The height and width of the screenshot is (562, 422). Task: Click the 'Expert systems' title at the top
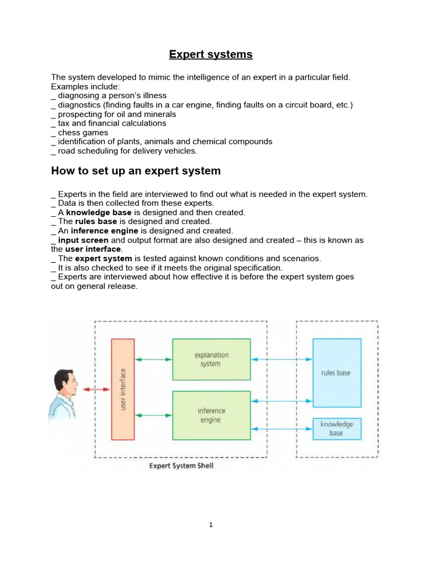(x=210, y=54)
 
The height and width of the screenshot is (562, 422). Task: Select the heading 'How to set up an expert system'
(x=136, y=171)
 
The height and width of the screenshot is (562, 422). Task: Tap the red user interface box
(x=123, y=389)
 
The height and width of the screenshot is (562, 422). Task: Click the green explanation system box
(x=211, y=359)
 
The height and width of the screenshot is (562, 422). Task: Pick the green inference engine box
(x=211, y=415)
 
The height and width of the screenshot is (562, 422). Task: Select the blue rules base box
(x=336, y=373)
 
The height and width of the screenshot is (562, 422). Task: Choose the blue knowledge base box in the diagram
(x=336, y=429)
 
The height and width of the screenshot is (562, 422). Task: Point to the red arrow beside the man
(x=97, y=389)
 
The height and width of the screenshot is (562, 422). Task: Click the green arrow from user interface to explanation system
(x=153, y=359)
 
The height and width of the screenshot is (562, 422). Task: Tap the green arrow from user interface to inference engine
(x=153, y=415)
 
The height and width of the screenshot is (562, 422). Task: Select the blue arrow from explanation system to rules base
(x=281, y=359)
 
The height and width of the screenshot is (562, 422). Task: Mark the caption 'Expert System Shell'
(x=181, y=466)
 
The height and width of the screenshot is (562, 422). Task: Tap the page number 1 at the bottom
(x=210, y=525)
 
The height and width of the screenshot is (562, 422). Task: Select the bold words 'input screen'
(x=84, y=240)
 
